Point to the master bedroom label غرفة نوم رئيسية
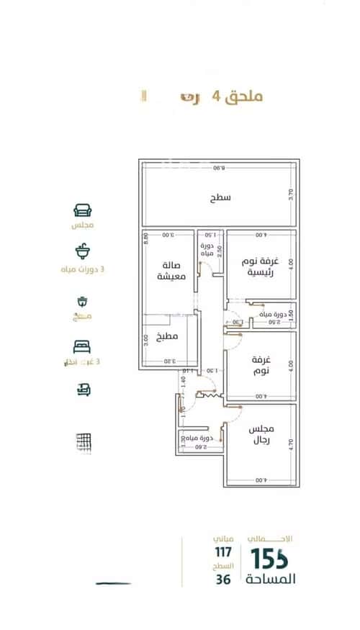pos(260,267)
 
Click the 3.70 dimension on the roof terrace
pos(292,194)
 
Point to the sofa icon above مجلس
pos(82,210)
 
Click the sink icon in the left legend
pos(82,251)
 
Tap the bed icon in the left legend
pos(82,347)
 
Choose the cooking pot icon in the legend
pos(82,302)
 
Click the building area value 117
pos(222,552)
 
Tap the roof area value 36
pos(223,579)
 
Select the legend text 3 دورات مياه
pos(82,269)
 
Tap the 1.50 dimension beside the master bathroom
pos(292,315)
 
